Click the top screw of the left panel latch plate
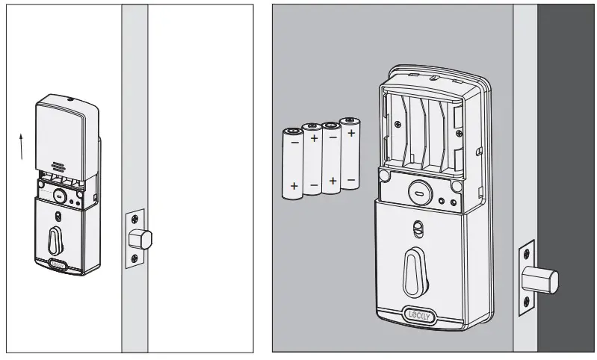tap(134, 219)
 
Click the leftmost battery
tap(293, 164)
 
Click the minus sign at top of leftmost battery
tap(294, 140)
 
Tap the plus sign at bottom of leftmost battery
tap(294, 185)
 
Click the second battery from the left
tap(312, 159)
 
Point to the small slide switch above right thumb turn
tap(415, 227)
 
